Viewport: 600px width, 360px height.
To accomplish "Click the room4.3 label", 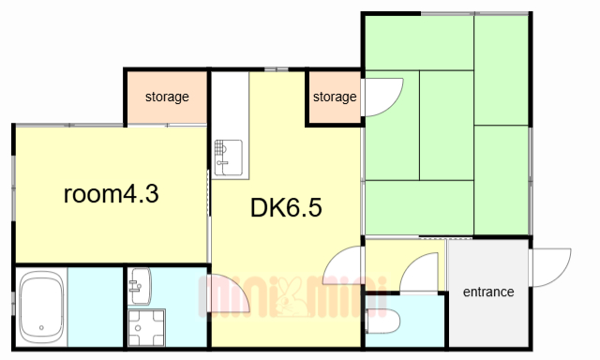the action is pyautogui.click(x=111, y=194).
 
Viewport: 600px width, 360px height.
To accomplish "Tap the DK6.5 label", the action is pyautogui.click(x=286, y=208).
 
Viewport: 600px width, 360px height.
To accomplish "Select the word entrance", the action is pyautogui.click(x=488, y=292).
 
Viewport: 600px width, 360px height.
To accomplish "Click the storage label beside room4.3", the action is pyautogui.click(x=167, y=97).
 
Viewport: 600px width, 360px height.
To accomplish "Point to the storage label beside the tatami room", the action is pyautogui.click(x=335, y=97).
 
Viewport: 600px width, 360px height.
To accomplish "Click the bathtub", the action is pyautogui.click(x=41, y=307).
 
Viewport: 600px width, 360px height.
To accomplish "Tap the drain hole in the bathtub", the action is pyautogui.click(x=41, y=327).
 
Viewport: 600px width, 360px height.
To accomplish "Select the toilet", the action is pyautogui.click(x=382, y=321).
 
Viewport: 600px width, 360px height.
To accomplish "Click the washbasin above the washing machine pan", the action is pyautogui.click(x=140, y=286).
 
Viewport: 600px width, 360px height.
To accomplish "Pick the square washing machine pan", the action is pyautogui.click(x=146, y=328).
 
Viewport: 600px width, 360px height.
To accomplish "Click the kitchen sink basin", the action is pyautogui.click(x=228, y=157).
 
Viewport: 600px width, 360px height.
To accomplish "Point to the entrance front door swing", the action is pyautogui.click(x=550, y=267).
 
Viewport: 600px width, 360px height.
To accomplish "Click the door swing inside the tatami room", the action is pyautogui.click(x=382, y=97).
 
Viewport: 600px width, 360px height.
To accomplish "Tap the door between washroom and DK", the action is pyautogui.click(x=229, y=293).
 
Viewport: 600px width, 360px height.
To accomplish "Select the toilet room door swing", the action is pyautogui.click(x=419, y=273).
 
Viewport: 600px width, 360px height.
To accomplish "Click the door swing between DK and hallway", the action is pyautogui.click(x=341, y=265).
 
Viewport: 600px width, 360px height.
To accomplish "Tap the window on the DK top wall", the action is pyautogui.click(x=277, y=69).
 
